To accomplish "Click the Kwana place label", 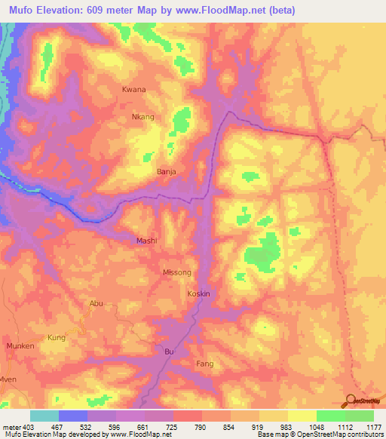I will point(133,89).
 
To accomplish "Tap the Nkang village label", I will point(142,117).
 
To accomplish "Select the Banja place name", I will point(166,172).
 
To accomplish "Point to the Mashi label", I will point(146,241).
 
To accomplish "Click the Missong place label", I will point(177,272).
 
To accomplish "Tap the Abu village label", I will point(96,303).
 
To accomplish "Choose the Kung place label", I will point(57,337).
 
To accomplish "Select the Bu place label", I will point(169,352).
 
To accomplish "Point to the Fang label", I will point(204,364).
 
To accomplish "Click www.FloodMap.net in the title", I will point(226,10).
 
